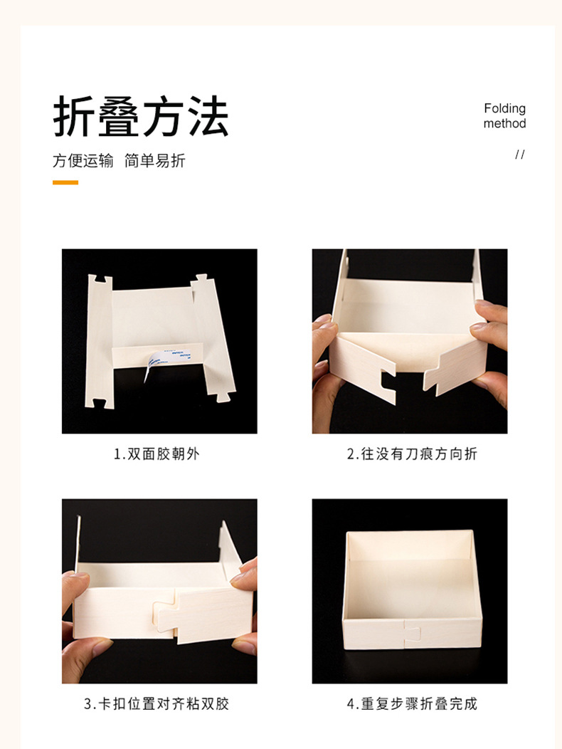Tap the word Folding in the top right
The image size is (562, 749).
[x=504, y=108]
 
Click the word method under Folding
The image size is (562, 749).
[x=504, y=123]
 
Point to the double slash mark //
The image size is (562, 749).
[x=519, y=154]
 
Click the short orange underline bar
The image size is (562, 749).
[x=65, y=182]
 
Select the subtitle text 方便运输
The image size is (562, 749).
[x=83, y=161]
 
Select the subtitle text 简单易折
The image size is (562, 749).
[x=154, y=161]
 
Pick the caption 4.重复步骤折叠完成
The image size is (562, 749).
[x=412, y=704]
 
